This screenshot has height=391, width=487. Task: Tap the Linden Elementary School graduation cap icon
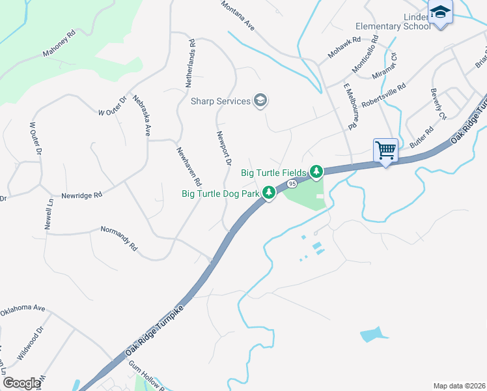click(441, 13)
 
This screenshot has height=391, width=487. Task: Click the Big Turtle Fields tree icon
click(316, 172)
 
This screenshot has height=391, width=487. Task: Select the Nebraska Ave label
click(142, 116)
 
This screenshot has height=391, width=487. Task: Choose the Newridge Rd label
click(82, 195)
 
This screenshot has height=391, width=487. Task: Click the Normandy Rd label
click(119, 239)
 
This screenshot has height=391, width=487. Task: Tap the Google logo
click(21, 383)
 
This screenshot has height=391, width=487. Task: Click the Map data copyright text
click(459, 385)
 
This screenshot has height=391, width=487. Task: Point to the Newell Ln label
click(49, 214)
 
